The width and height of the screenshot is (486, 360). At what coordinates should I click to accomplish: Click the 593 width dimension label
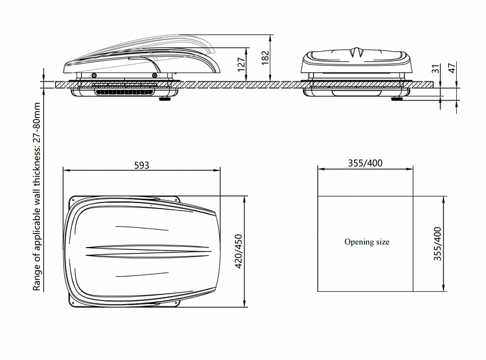point(142,165)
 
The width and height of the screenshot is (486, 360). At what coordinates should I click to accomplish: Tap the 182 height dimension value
point(265,58)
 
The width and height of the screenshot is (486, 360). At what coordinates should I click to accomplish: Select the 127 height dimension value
point(241,64)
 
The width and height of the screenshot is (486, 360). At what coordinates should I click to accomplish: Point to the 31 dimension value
point(436,69)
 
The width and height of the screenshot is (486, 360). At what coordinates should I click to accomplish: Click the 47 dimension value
point(452,68)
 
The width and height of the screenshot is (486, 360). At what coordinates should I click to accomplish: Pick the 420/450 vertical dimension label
point(238,251)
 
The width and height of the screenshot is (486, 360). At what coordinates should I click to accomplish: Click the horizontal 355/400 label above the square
point(365,163)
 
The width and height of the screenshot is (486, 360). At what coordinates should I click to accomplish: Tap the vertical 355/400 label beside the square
point(437,244)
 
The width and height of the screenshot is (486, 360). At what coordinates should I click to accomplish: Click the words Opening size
point(367,242)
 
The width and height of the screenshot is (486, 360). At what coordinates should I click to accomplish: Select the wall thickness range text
point(36,196)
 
